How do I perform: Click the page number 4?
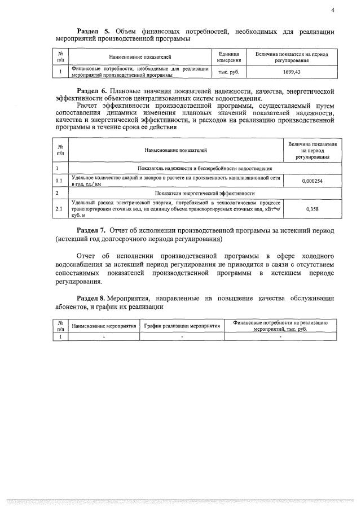pyautogui.click(x=333, y=10)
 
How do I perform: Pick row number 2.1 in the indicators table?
pyautogui.click(x=59, y=209)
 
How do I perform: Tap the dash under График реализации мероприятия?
pyautogui.click(x=182, y=336)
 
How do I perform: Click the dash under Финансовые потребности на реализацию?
pyautogui.click(x=280, y=336)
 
